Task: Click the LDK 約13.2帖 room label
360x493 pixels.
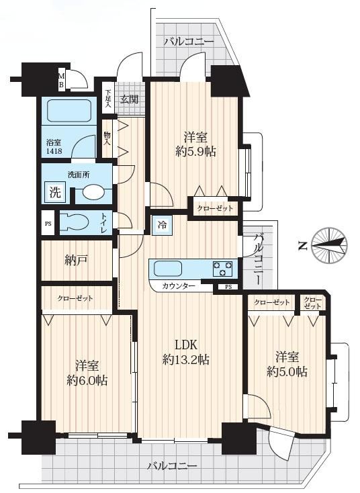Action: [x=186, y=352]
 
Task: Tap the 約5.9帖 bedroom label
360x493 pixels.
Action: [x=195, y=145]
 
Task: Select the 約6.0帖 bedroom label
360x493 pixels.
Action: [x=87, y=373]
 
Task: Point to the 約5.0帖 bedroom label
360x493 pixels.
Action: [x=287, y=365]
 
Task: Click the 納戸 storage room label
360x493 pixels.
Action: [x=76, y=260]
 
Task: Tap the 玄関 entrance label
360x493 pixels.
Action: [x=129, y=99]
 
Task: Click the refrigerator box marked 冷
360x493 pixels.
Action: [x=163, y=225]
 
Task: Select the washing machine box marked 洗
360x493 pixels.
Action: [x=55, y=192]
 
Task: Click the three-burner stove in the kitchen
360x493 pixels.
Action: [x=222, y=269]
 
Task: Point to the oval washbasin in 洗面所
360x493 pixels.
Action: [x=94, y=192]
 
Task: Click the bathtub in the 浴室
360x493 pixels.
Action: [x=69, y=110]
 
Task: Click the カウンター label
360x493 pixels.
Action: [x=179, y=286]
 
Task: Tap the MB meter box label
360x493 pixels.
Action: [x=62, y=80]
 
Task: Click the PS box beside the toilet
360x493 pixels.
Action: [x=48, y=224]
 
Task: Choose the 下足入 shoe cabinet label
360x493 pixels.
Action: [x=109, y=99]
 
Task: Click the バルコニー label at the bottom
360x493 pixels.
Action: [x=173, y=465]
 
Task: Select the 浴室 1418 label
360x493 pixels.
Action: [x=54, y=146]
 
